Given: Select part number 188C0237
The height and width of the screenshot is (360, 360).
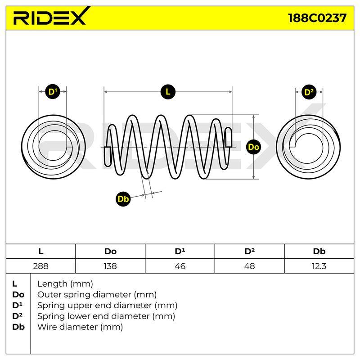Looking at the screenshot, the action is coord(317,18).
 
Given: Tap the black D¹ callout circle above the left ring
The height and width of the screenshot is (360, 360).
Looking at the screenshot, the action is coord(53,92).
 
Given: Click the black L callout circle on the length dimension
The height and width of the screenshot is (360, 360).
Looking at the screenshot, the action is coord(168,92).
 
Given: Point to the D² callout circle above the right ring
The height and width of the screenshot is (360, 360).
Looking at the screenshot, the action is coord(309,92).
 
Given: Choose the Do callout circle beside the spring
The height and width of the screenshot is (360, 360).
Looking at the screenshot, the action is coord(253,147).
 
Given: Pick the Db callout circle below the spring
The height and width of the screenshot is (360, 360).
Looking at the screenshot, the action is coord(123,199).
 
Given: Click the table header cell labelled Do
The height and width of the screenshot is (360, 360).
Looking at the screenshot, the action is coord(110,252).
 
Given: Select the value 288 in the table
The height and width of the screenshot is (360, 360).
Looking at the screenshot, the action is coord(40,266).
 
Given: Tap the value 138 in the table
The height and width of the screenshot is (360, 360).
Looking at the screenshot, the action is coord(110,266).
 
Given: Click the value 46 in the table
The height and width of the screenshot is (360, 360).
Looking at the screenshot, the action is coord(180,266).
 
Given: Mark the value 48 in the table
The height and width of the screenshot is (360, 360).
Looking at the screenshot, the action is coord(250,266).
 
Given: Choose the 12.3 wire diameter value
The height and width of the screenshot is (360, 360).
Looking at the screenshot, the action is coord(319,266).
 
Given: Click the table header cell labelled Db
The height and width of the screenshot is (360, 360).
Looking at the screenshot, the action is coord(319,252).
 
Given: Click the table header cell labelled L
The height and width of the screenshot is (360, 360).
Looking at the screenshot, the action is coord(40,252).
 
